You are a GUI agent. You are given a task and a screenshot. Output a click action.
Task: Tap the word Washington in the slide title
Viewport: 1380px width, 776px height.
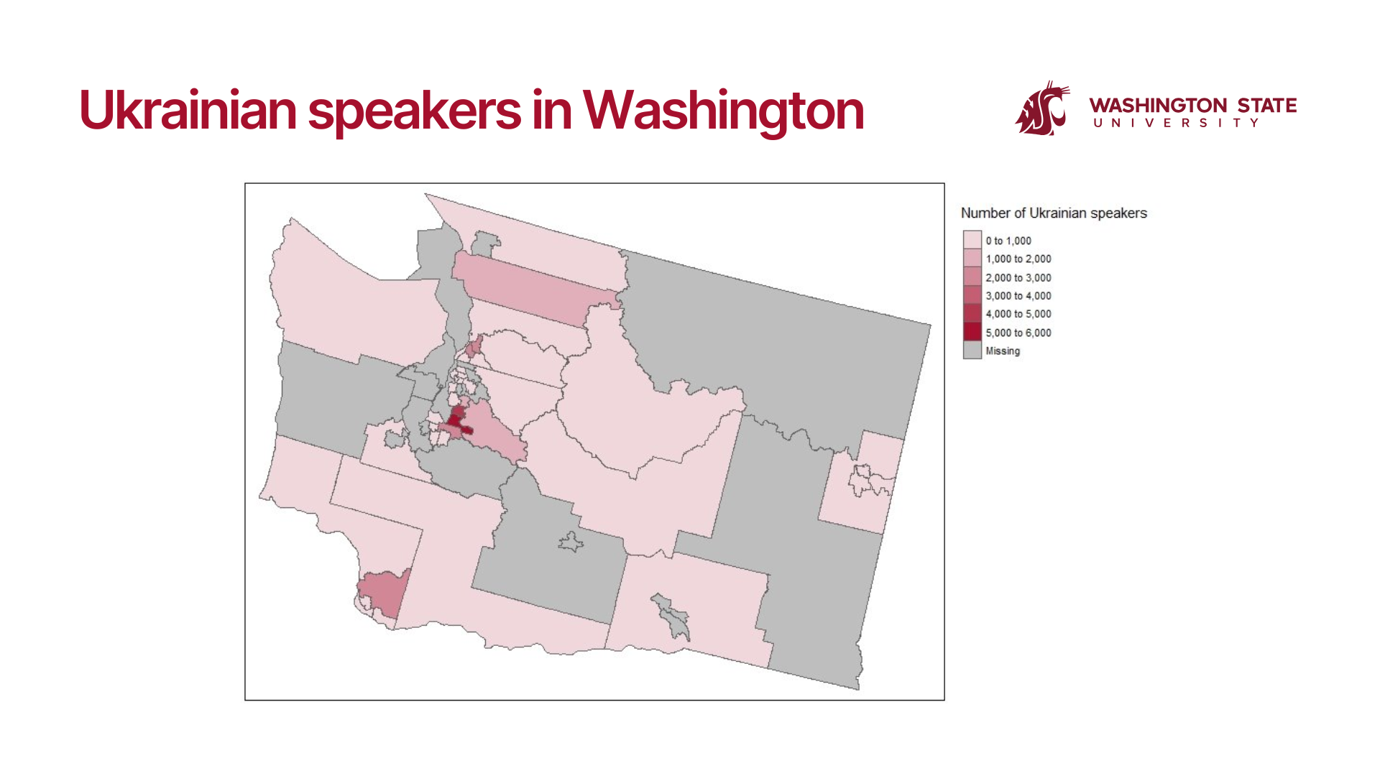(x=723, y=111)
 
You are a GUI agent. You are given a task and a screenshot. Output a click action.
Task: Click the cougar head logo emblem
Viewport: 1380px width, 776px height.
(x=1042, y=108)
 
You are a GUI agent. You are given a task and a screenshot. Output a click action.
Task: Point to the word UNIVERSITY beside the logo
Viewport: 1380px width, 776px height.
(x=1176, y=123)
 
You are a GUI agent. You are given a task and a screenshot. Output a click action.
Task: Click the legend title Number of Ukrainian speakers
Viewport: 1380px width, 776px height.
(x=1054, y=213)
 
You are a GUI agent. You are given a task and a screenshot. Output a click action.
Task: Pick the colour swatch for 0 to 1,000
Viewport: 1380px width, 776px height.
(x=972, y=240)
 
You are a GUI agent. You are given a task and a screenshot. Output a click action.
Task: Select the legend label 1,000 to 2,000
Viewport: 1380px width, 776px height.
(x=1018, y=259)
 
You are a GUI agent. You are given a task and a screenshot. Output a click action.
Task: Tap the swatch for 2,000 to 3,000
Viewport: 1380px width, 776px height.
(x=972, y=277)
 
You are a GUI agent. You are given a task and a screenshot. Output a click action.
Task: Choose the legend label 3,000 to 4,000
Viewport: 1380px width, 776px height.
(x=1018, y=295)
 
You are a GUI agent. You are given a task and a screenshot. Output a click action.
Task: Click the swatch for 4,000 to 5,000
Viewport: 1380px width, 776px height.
(x=972, y=313)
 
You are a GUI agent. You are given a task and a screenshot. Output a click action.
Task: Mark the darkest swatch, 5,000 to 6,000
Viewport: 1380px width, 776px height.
(x=972, y=332)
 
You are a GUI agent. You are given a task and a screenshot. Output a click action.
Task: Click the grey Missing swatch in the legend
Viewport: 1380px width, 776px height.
(x=972, y=350)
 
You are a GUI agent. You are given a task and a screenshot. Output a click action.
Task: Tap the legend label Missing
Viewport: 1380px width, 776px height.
(x=1003, y=351)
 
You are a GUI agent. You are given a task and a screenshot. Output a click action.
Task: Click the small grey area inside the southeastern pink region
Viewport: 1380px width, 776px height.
(x=673, y=616)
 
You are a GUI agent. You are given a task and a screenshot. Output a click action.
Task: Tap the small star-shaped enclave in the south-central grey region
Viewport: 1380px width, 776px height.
(x=571, y=542)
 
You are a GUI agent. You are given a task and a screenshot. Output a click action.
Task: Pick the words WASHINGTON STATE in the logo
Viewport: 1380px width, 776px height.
(x=1193, y=106)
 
